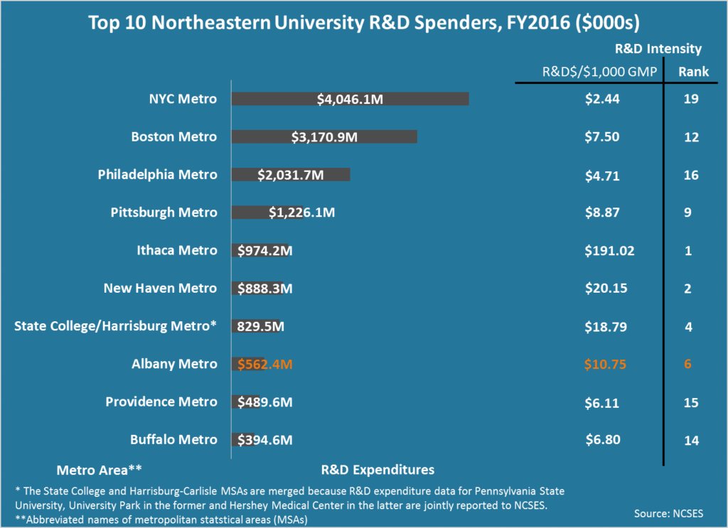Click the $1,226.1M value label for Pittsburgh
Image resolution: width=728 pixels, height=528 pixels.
coord(301,212)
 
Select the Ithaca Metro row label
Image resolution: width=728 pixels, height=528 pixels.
coord(176,250)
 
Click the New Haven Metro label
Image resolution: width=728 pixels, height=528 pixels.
coord(160,289)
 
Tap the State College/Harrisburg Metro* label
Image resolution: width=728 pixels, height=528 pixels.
coord(115,326)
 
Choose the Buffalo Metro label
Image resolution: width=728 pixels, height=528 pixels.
coord(173,440)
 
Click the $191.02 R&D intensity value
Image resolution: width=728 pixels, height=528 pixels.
coord(609,250)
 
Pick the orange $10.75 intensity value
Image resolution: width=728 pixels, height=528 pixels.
coord(602,365)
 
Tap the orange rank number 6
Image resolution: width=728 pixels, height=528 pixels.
coord(688,365)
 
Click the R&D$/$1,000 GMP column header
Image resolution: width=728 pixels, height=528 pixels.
coord(599,71)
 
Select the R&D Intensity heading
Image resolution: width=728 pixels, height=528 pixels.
coord(658,49)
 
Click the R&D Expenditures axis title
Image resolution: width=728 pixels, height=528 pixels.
coord(378,470)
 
